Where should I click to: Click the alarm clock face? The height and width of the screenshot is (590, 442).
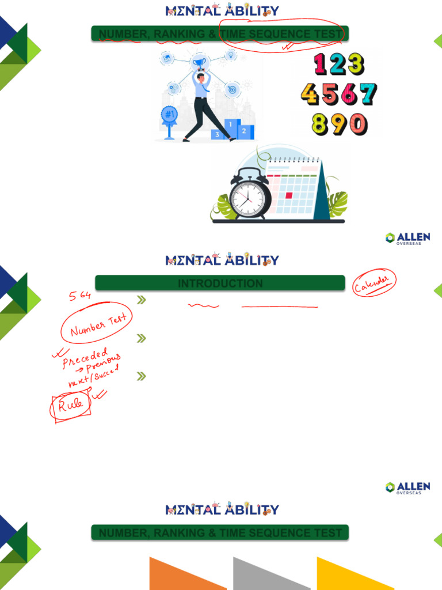click(x=249, y=200)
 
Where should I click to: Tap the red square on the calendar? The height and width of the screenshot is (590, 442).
click(x=289, y=195)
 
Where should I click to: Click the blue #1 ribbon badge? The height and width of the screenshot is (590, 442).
click(x=169, y=115)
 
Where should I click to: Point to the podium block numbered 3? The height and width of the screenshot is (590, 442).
click(x=218, y=134)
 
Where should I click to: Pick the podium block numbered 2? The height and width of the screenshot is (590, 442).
click(x=245, y=131)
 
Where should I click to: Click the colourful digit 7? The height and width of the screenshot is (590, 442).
click(x=366, y=94)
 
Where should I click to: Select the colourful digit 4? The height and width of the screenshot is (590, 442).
click(x=310, y=94)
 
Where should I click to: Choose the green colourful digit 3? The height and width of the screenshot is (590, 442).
click(x=356, y=64)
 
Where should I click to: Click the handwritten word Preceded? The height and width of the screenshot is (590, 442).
click(x=85, y=358)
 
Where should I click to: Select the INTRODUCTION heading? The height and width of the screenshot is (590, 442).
click(x=220, y=283)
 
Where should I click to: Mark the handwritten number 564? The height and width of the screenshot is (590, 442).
click(x=80, y=296)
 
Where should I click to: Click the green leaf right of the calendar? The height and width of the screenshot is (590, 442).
click(x=338, y=203)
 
